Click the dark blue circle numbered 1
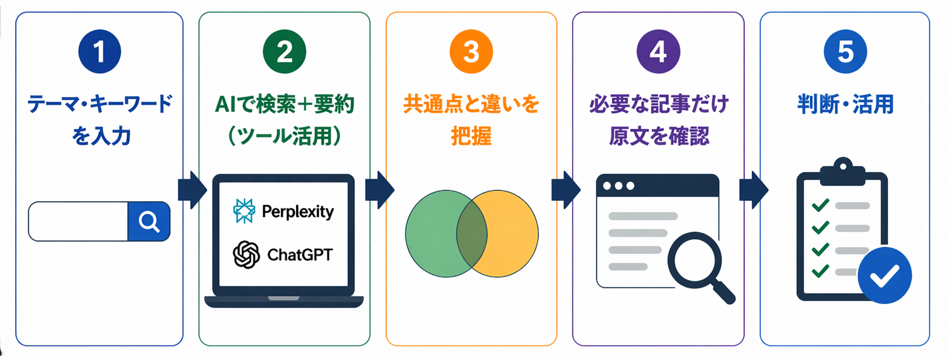(x=99, y=51)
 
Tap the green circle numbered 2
(x=284, y=51)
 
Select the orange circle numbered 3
(x=471, y=51)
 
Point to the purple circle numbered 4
(x=658, y=51)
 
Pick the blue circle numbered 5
(x=845, y=51)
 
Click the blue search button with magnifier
(x=149, y=221)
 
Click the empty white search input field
(x=78, y=221)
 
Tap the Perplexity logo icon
(x=244, y=211)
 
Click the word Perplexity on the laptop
(x=298, y=212)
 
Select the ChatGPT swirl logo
(x=246, y=254)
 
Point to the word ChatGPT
(x=300, y=255)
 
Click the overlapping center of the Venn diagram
(x=471, y=234)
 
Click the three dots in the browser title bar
(x=618, y=186)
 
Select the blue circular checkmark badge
(x=884, y=275)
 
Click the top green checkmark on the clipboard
(x=820, y=205)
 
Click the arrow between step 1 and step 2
(x=192, y=190)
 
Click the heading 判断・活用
(x=845, y=104)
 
